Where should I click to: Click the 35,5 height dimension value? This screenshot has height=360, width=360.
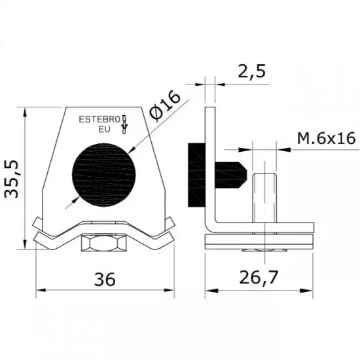pyautogui.click(x=14, y=177)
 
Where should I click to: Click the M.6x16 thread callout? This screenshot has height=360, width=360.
pyautogui.click(x=325, y=139)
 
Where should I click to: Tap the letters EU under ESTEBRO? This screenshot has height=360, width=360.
pyautogui.click(x=104, y=130)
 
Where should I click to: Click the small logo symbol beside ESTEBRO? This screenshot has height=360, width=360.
pyautogui.click(x=126, y=122)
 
